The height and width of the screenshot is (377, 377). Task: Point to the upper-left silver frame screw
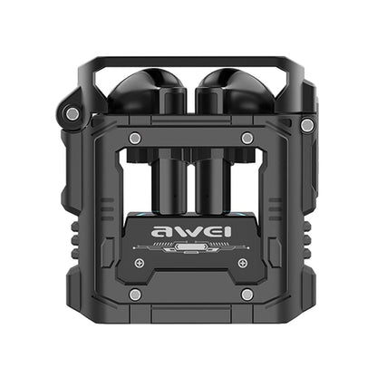point(134,138)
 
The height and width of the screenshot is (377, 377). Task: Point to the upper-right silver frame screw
point(246,138)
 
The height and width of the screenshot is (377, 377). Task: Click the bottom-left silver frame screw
point(134,295)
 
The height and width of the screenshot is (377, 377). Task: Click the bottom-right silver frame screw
point(246,295)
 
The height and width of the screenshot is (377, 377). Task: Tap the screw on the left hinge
point(70,113)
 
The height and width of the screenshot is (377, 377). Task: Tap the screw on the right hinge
point(307,123)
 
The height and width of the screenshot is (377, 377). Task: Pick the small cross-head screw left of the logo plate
point(140,263)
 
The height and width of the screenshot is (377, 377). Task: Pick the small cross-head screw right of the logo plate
point(241,263)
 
